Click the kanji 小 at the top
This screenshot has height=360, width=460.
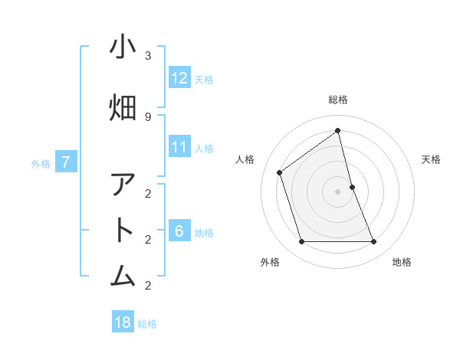tap(123, 47)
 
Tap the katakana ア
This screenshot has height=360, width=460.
tap(123, 185)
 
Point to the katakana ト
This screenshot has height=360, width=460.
tap(123, 231)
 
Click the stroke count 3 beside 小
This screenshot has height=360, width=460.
tap(148, 55)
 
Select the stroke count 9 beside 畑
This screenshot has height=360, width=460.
tap(148, 116)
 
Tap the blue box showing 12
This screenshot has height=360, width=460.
tap(179, 77)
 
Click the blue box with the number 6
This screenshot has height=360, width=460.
tap(179, 231)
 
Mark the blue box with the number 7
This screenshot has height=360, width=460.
tap(67, 162)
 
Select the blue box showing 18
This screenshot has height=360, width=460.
tap(123, 322)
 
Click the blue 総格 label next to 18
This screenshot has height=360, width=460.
tap(147, 324)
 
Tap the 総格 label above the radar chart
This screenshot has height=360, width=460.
tap(338, 100)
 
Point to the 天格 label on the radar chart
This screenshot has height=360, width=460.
tap(432, 159)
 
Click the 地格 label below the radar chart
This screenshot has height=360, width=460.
tap(402, 262)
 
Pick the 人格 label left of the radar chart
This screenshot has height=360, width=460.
tap(245, 159)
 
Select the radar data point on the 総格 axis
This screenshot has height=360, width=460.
tap(338, 130)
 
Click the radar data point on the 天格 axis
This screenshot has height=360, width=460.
tap(352, 187)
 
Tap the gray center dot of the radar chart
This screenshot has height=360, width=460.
tap(338, 191)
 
